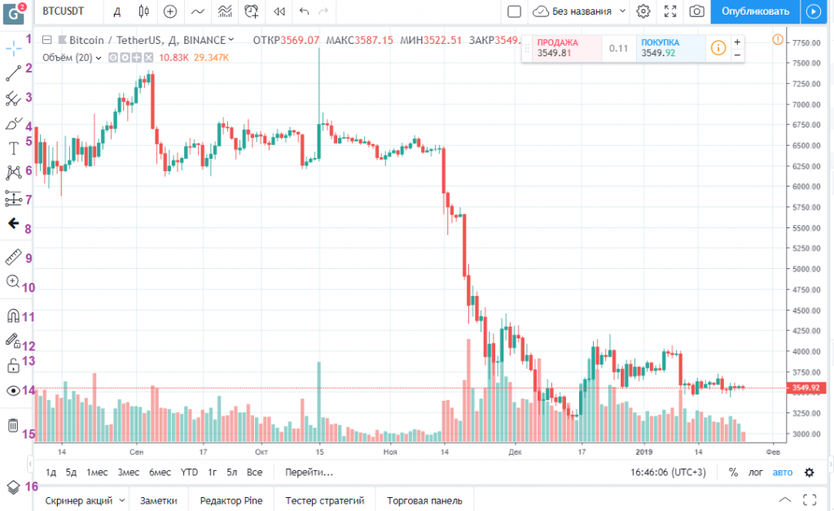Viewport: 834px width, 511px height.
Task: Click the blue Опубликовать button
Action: (x=755, y=11)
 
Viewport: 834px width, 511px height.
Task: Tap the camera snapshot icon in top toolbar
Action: (x=697, y=11)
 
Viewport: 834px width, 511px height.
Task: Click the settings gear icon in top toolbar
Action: (x=643, y=11)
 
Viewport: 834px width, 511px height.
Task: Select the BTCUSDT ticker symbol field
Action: (x=64, y=11)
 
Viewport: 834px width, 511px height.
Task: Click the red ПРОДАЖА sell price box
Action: (x=562, y=48)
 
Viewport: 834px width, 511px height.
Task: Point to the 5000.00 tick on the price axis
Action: (x=806, y=269)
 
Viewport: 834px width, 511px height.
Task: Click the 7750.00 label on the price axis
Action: (x=806, y=42)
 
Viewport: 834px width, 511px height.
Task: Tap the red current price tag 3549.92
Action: (x=806, y=388)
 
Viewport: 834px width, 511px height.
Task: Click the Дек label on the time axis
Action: (x=515, y=452)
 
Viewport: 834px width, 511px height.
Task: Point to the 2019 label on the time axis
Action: (x=644, y=452)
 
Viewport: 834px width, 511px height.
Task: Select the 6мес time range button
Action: (x=160, y=472)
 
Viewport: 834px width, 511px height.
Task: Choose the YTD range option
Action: (x=189, y=472)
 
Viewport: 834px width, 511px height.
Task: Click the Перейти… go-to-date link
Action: (x=309, y=472)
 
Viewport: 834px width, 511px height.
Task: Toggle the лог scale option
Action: (x=755, y=472)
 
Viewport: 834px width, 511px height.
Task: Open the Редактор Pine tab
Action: (x=231, y=500)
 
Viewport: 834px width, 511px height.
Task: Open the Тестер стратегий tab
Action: (x=324, y=500)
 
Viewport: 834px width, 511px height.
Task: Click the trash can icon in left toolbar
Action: (x=13, y=425)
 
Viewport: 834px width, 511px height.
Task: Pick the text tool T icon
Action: (x=14, y=148)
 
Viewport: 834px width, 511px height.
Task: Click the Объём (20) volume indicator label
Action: (x=67, y=58)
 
